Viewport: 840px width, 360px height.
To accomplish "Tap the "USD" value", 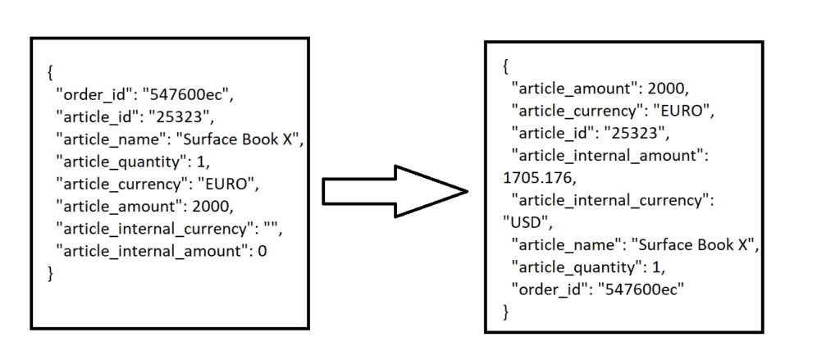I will (522, 221).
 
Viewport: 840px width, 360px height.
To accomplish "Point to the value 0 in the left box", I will (262, 251).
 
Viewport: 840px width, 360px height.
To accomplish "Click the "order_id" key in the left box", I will (89, 96).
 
